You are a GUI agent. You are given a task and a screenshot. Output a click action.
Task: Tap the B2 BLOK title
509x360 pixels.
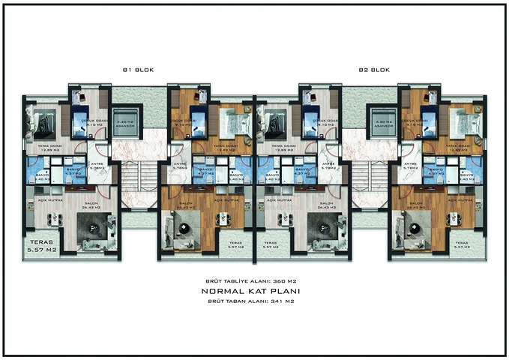[x=373, y=70]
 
